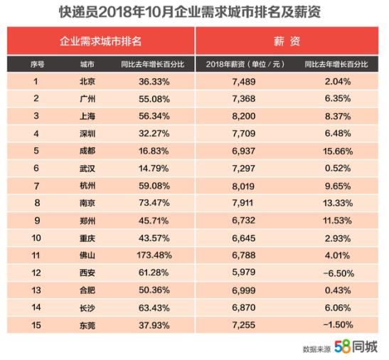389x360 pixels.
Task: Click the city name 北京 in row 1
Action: point(87,81)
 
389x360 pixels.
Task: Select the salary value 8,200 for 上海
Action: point(244,116)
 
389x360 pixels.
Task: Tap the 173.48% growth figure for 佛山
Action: point(154,255)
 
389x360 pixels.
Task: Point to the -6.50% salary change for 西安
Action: point(339,273)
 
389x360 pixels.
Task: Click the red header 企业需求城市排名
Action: point(100,41)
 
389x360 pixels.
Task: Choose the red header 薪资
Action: point(287,41)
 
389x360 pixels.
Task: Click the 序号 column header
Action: point(37,64)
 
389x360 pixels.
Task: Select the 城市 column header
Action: point(87,64)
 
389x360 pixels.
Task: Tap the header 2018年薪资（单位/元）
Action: point(245,64)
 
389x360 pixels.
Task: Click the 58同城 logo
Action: point(356,346)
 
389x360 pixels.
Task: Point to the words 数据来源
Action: point(316,349)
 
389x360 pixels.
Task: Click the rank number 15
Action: point(36,325)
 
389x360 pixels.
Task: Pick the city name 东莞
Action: point(87,325)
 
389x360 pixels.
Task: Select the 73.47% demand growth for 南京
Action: point(154,203)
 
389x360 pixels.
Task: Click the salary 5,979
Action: point(244,272)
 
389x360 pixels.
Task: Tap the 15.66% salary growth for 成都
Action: point(338,152)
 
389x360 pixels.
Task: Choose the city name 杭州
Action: point(87,186)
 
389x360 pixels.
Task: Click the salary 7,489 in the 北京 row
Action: point(244,82)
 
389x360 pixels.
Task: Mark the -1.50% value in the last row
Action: point(338,324)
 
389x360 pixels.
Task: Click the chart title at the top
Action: point(190,12)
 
